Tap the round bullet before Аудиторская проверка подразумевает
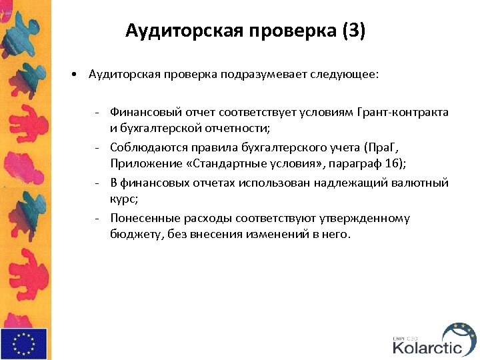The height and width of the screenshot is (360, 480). [x=77, y=75]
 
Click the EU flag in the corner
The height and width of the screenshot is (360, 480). [x=24, y=343]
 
